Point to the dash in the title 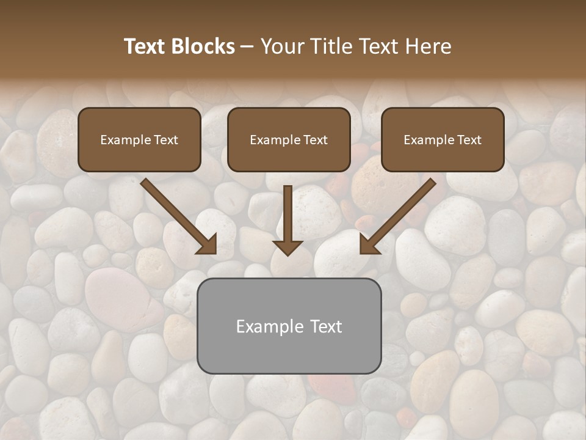click(x=247, y=46)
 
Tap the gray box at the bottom click(x=289, y=354)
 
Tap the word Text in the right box click(x=469, y=140)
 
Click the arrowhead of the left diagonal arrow click(x=207, y=244)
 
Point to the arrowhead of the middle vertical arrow click(x=288, y=247)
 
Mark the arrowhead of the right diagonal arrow click(x=369, y=244)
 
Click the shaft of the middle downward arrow click(x=288, y=211)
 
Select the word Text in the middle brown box click(x=315, y=140)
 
